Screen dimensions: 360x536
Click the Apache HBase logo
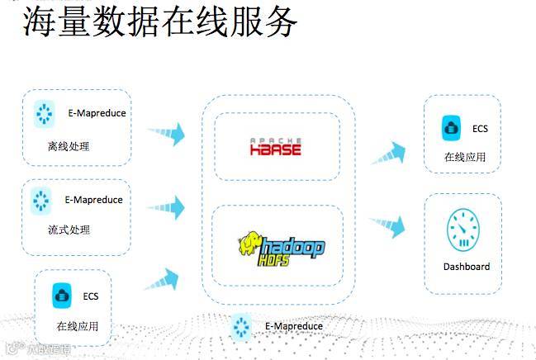(276, 147)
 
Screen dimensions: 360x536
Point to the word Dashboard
(466, 267)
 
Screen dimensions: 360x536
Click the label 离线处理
(69, 148)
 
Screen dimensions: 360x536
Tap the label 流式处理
(69, 230)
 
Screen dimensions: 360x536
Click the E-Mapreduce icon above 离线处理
(44, 114)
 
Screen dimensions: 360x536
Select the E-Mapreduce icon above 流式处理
(41, 200)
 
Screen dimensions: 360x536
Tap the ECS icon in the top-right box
(451, 129)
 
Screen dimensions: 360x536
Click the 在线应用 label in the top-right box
(465, 157)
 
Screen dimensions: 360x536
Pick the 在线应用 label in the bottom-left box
(78, 326)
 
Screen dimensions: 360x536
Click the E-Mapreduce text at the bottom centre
(294, 326)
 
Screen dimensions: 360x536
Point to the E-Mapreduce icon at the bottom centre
(241, 326)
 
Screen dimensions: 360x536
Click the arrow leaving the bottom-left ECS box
(162, 279)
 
